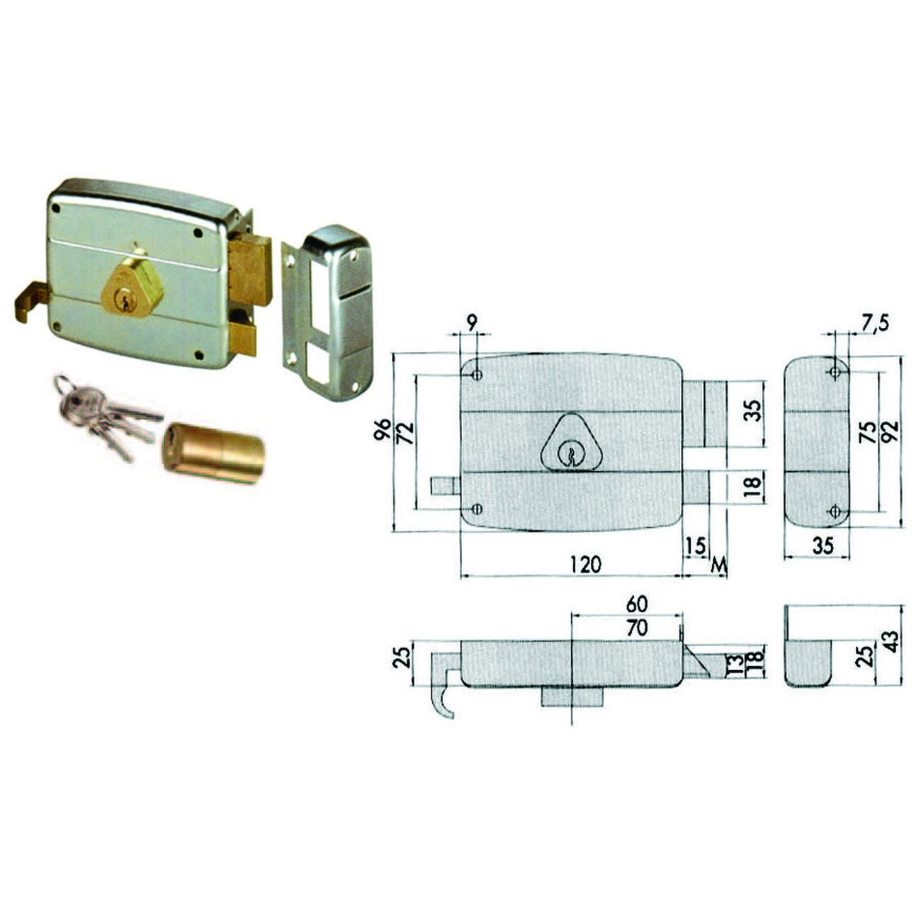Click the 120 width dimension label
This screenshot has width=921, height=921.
(585, 565)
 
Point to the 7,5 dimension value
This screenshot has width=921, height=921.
(876, 324)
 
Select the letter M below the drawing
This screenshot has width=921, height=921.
(718, 565)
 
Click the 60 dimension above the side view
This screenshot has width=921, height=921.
(637, 604)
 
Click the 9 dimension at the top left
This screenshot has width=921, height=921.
(471, 324)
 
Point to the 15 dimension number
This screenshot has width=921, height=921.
(696, 546)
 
